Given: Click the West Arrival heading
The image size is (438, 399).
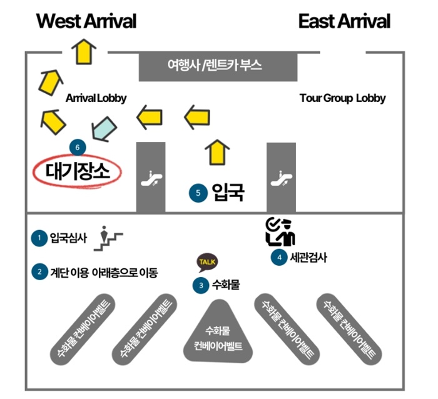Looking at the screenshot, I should click(86, 22).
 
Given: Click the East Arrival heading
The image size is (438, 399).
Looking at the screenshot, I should click(344, 22).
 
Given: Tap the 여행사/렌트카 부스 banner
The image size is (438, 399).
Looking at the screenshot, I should click(215, 64).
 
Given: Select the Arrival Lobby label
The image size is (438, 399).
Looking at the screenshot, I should click(96, 98).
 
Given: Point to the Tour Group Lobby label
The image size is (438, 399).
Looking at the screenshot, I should click(342, 98).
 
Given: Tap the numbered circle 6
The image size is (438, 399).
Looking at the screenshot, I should click(77, 147).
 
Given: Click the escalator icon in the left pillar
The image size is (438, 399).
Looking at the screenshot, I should click(150, 179).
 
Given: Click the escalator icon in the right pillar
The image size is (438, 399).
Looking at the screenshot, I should click(281, 179).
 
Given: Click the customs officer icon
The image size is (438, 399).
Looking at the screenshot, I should click(280, 231).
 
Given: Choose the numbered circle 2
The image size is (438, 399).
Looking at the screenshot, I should click(39, 272).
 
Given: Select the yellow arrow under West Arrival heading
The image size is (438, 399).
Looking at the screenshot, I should click(83, 51).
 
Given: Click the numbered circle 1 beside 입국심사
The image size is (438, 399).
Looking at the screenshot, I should click(39, 237).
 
